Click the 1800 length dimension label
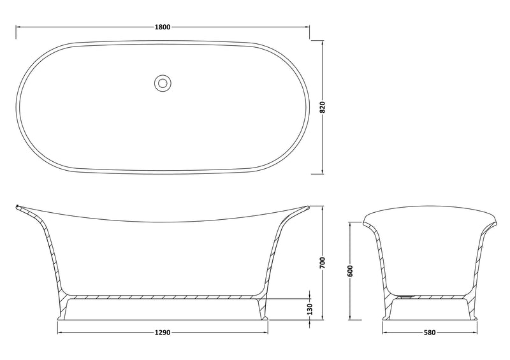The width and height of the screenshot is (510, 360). [163, 27]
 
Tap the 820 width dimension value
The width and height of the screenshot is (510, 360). [323, 107]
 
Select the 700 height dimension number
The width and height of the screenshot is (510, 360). [323, 263]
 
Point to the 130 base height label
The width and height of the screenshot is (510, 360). [310, 309]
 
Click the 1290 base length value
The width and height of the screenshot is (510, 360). [163, 333]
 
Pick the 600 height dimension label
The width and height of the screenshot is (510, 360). [350, 271]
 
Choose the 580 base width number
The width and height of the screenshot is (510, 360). [429, 333]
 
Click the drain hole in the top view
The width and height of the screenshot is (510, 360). [163, 83]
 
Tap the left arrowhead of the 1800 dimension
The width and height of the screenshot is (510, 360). [18, 27]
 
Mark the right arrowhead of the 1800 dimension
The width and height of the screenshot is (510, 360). [307, 27]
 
